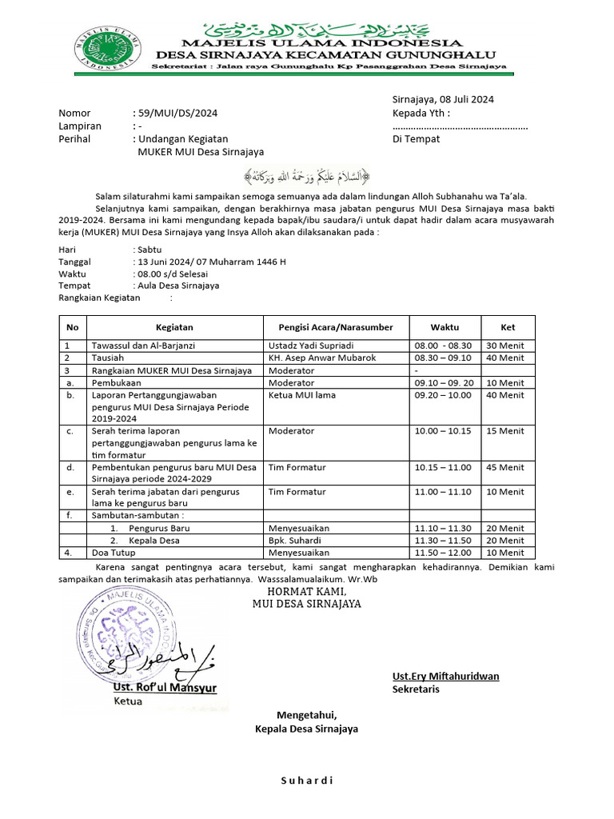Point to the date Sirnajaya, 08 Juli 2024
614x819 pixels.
pos(443,100)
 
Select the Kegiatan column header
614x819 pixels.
pos(174,327)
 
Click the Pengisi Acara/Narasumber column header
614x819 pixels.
pos(336,327)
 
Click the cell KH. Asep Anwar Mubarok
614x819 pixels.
pos(322,358)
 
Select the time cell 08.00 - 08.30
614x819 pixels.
pos(444,346)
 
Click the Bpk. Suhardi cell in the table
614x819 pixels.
pos(297,541)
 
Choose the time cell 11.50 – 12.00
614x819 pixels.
pos(444,553)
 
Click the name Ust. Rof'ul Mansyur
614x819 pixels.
pos(165,687)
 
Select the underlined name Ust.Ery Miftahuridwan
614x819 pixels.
pos(445,676)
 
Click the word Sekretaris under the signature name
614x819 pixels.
pos(416,689)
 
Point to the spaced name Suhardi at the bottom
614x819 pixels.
pos(306,781)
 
